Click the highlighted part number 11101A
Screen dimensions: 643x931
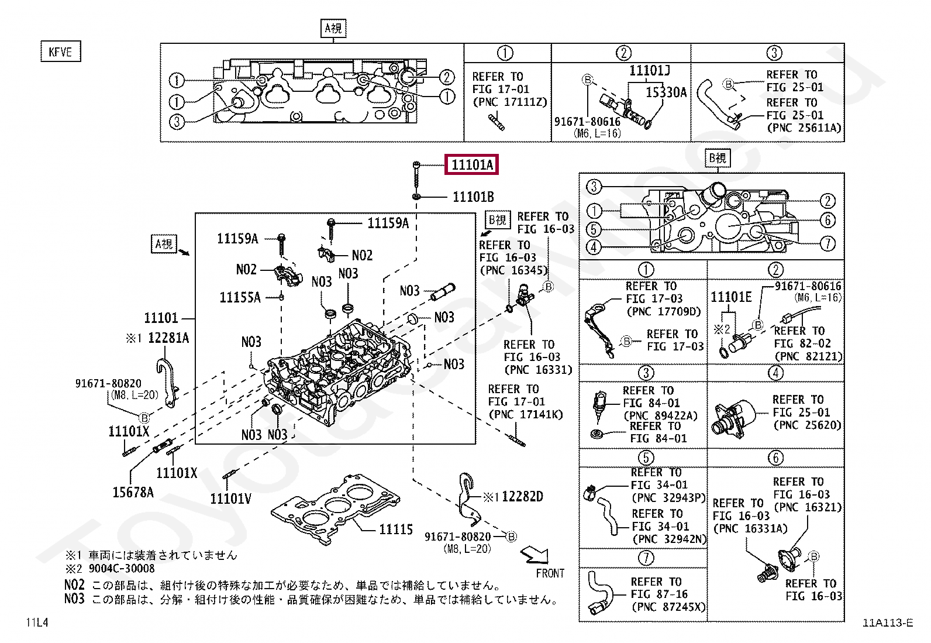(472, 165)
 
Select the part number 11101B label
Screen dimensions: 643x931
(473, 197)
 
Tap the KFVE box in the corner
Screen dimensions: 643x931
(60, 51)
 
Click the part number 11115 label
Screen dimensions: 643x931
(396, 529)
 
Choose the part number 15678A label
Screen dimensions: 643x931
(133, 493)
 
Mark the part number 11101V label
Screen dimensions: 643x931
(230, 498)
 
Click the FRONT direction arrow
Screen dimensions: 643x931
(536, 554)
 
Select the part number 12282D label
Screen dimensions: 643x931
(522, 497)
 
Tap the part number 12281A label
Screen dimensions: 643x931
(168, 338)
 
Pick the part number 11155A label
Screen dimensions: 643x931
(240, 298)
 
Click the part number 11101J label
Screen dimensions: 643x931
(649, 71)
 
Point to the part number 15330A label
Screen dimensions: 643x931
(666, 92)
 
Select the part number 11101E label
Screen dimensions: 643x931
(731, 297)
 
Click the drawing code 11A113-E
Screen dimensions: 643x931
(887, 623)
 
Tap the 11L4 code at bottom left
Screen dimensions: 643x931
(37, 622)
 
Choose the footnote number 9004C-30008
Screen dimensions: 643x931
(122, 569)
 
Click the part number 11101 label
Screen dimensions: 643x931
(161, 318)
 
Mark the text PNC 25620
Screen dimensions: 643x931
(808, 425)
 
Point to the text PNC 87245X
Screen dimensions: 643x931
(668, 607)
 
